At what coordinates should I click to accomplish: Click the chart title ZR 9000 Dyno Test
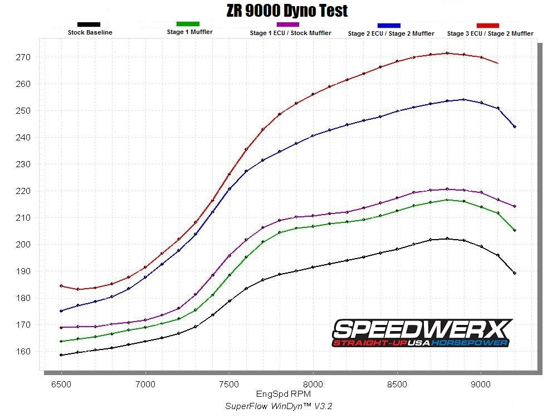(287, 11)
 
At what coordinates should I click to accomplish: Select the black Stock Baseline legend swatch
(89, 25)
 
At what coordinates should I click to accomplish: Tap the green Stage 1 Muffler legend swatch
(188, 24)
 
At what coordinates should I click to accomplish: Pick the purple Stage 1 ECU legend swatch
(288, 25)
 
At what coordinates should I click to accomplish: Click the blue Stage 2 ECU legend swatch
(389, 26)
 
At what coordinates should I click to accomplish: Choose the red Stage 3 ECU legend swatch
(488, 26)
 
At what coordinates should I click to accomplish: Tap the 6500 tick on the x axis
(61, 385)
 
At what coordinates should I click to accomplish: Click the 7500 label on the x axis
(229, 385)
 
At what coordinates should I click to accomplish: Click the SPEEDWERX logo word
(421, 328)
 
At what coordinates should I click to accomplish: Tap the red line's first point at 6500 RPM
(61, 286)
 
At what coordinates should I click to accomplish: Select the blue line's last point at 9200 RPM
(515, 127)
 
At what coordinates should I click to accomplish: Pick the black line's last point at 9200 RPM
(515, 273)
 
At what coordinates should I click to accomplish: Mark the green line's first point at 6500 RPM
(61, 341)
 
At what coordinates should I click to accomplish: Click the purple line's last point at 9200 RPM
(515, 206)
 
